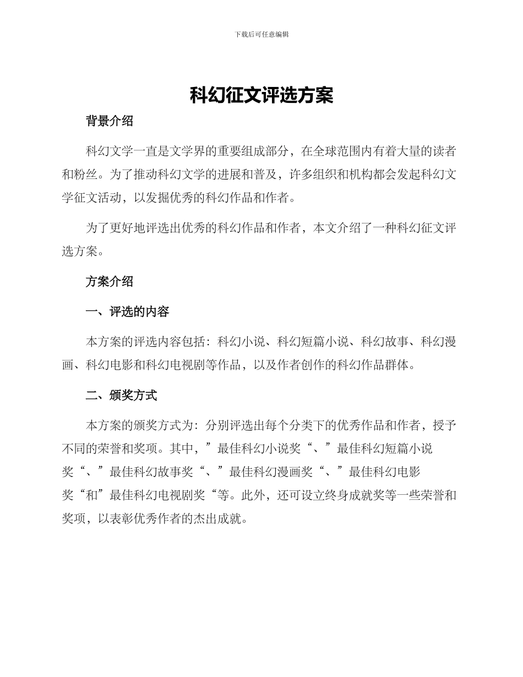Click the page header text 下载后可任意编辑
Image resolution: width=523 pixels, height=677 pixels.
coord(261,34)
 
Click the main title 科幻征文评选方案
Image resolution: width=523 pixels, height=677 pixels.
coord(261,95)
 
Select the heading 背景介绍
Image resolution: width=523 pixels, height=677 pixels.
coord(110,122)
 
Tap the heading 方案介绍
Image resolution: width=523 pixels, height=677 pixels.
coord(110,281)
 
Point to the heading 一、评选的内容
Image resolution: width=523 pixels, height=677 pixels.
coord(128,312)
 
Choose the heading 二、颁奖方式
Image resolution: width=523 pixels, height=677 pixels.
coord(122,395)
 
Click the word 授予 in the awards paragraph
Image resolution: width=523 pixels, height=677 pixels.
coord(443,425)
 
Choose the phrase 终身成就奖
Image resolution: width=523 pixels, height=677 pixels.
coord(360,495)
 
